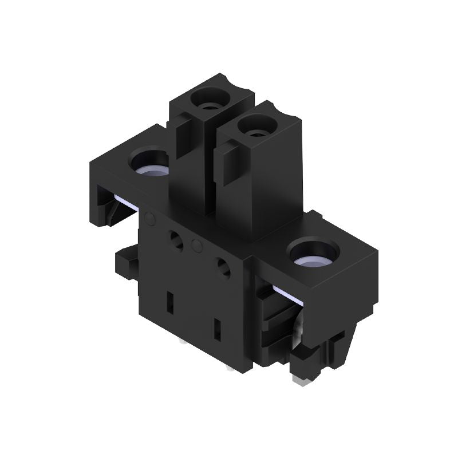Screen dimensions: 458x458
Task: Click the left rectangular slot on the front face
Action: tap(169, 301)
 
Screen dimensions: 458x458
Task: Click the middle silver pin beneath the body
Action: tap(230, 367)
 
